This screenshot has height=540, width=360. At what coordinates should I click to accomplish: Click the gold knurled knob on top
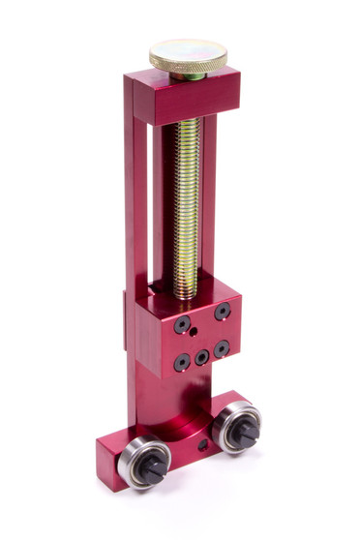[x=188, y=56]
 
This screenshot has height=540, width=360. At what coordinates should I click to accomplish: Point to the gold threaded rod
[x=187, y=194]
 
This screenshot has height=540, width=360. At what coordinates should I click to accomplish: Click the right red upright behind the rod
[x=210, y=194]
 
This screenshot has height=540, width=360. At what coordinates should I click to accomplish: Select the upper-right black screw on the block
[x=223, y=312]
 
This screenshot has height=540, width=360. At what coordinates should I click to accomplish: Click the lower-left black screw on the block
[x=182, y=363]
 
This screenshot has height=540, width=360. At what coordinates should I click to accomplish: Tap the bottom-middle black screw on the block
[x=201, y=357]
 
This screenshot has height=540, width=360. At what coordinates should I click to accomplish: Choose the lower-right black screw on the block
[x=223, y=347]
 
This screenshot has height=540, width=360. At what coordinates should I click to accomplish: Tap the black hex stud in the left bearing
[x=149, y=468]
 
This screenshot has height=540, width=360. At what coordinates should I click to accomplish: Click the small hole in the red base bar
[x=203, y=446]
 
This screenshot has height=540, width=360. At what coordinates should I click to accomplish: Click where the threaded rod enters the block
[x=186, y=293]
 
